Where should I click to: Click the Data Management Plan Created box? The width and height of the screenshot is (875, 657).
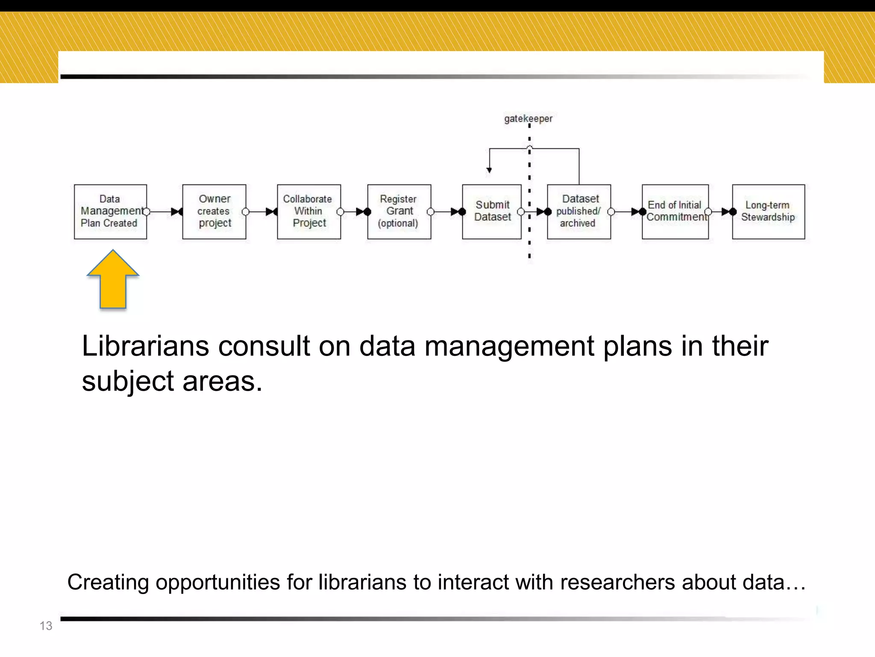[110, 211]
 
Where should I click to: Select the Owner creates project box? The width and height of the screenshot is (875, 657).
[214, 211]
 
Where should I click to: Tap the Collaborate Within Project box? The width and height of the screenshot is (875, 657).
[308, 211]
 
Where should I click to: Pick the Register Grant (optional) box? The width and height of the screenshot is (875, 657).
[399, 211]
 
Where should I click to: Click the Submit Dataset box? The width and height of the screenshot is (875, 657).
[491, 211]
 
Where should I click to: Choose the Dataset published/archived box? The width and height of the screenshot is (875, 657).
[578, 211]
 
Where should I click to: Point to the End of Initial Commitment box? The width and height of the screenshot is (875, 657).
[675, 211]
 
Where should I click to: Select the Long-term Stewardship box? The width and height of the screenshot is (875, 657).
[768, 211]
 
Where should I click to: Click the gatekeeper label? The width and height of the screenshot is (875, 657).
[528, 118]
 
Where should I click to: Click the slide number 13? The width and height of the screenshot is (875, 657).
[46, 626]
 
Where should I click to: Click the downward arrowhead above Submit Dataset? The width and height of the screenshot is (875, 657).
[489, 170]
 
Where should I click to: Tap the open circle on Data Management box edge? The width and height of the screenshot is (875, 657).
[147, 211]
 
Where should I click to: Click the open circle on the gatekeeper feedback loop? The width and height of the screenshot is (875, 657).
[529, 148]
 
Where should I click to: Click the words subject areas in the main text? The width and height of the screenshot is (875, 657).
[172, 381]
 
